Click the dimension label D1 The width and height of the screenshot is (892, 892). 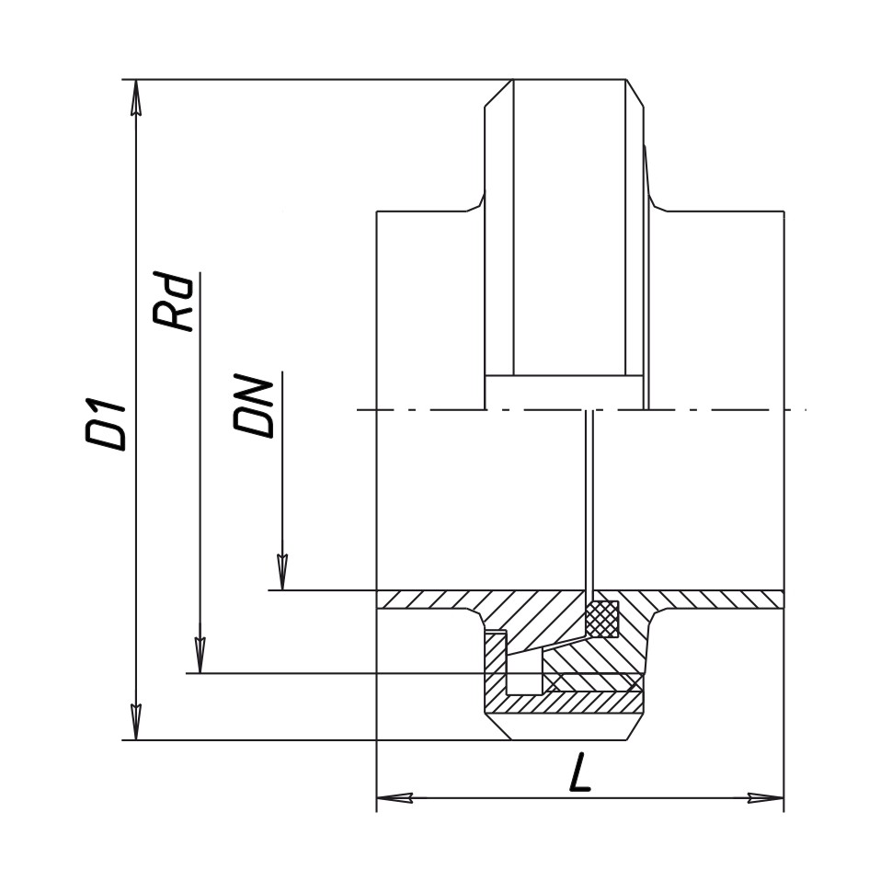105,419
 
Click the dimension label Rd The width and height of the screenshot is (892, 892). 173,303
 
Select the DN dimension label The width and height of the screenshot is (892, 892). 253,406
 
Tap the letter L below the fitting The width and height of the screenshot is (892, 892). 579,772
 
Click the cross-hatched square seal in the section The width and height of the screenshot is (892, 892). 603,618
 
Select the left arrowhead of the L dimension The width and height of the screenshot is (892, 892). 395,798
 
